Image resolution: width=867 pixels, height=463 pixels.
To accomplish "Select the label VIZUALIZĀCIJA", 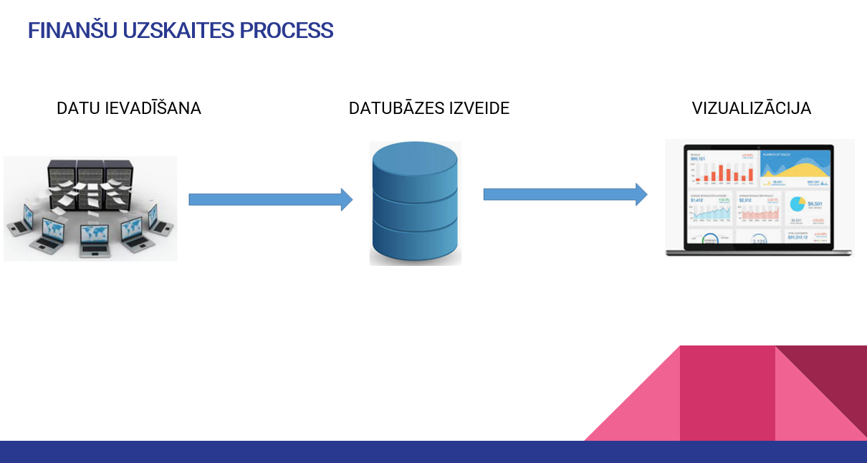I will [751, 108].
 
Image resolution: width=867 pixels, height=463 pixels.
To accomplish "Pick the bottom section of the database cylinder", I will [415, 242].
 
